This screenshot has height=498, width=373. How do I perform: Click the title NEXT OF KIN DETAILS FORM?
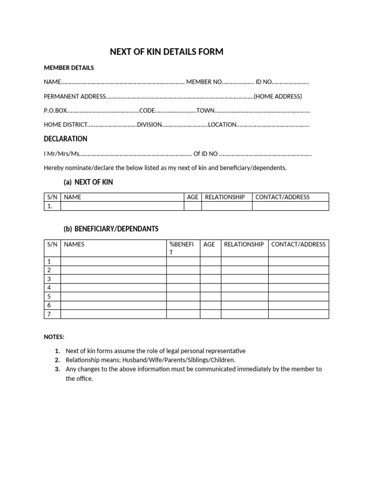(167, 52)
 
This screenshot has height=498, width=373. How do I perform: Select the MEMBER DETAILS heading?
(69, 68)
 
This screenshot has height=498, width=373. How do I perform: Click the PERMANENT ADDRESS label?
(74, 96)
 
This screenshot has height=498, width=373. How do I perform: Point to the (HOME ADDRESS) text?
(278, 96)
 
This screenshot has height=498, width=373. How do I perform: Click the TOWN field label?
(205, 110)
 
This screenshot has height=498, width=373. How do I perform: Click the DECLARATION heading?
(66, 139)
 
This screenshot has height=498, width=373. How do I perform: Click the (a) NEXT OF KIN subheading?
(88, 182)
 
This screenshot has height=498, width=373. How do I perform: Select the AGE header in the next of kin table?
(193, 197)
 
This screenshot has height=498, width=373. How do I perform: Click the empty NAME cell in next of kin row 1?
(122, 206)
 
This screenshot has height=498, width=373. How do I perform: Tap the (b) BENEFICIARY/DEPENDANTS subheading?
(111, 229)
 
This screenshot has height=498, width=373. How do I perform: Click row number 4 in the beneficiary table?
(49, 288)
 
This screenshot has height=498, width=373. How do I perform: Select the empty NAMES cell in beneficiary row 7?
(113, 314)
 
